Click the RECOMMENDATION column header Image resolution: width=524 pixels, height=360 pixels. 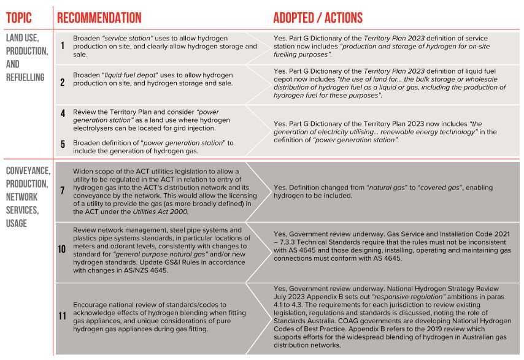click(x=99, y=17)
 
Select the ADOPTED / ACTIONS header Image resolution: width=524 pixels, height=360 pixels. click(x=318, y=17)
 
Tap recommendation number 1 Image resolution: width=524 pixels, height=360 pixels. click(x=62, y=46)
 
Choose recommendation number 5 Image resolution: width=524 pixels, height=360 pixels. click(x=62, y=145)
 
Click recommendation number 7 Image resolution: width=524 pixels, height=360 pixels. click(x=62, y=191)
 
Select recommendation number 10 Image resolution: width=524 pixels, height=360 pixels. click(x=62, y=250)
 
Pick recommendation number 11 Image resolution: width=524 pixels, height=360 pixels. click(x=62, y=316)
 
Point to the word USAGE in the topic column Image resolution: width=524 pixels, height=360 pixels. click(x=17, y=223)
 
